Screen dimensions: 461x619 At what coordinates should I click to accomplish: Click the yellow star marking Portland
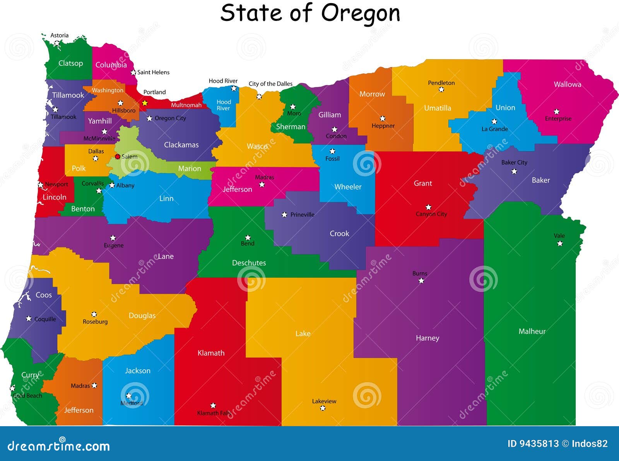(145, 103)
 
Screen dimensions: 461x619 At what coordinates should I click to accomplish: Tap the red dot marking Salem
(118, 157)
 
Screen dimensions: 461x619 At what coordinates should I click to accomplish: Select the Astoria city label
(60, 35)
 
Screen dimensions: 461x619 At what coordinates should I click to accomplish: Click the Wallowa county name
(567, 84)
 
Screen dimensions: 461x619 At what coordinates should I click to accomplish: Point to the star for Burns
(421, 281)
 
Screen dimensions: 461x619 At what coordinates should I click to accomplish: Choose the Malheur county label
(532, 331)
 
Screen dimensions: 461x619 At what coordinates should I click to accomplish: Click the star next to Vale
(560, 243)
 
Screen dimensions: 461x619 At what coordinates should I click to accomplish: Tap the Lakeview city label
(324, 401)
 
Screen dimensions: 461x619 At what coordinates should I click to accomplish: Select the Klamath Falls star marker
(213, 405)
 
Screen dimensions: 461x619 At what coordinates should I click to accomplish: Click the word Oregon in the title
(360, 13)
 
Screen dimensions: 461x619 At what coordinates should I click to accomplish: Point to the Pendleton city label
(441, 83)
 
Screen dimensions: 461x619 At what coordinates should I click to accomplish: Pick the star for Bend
(248, 237)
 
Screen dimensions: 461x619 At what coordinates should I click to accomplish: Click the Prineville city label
(302, 215)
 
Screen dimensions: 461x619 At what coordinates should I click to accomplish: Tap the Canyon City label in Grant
(431, 214)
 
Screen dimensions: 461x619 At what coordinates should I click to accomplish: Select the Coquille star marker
(29, 319)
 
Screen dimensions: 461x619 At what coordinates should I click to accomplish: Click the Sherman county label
(291, 126)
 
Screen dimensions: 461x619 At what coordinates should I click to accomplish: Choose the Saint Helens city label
(153, 72)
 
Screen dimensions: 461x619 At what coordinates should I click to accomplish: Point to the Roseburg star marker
(94, 314)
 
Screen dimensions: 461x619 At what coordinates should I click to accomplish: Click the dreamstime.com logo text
(59, 446)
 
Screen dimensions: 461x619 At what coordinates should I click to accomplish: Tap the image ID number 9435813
(534, 444)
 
